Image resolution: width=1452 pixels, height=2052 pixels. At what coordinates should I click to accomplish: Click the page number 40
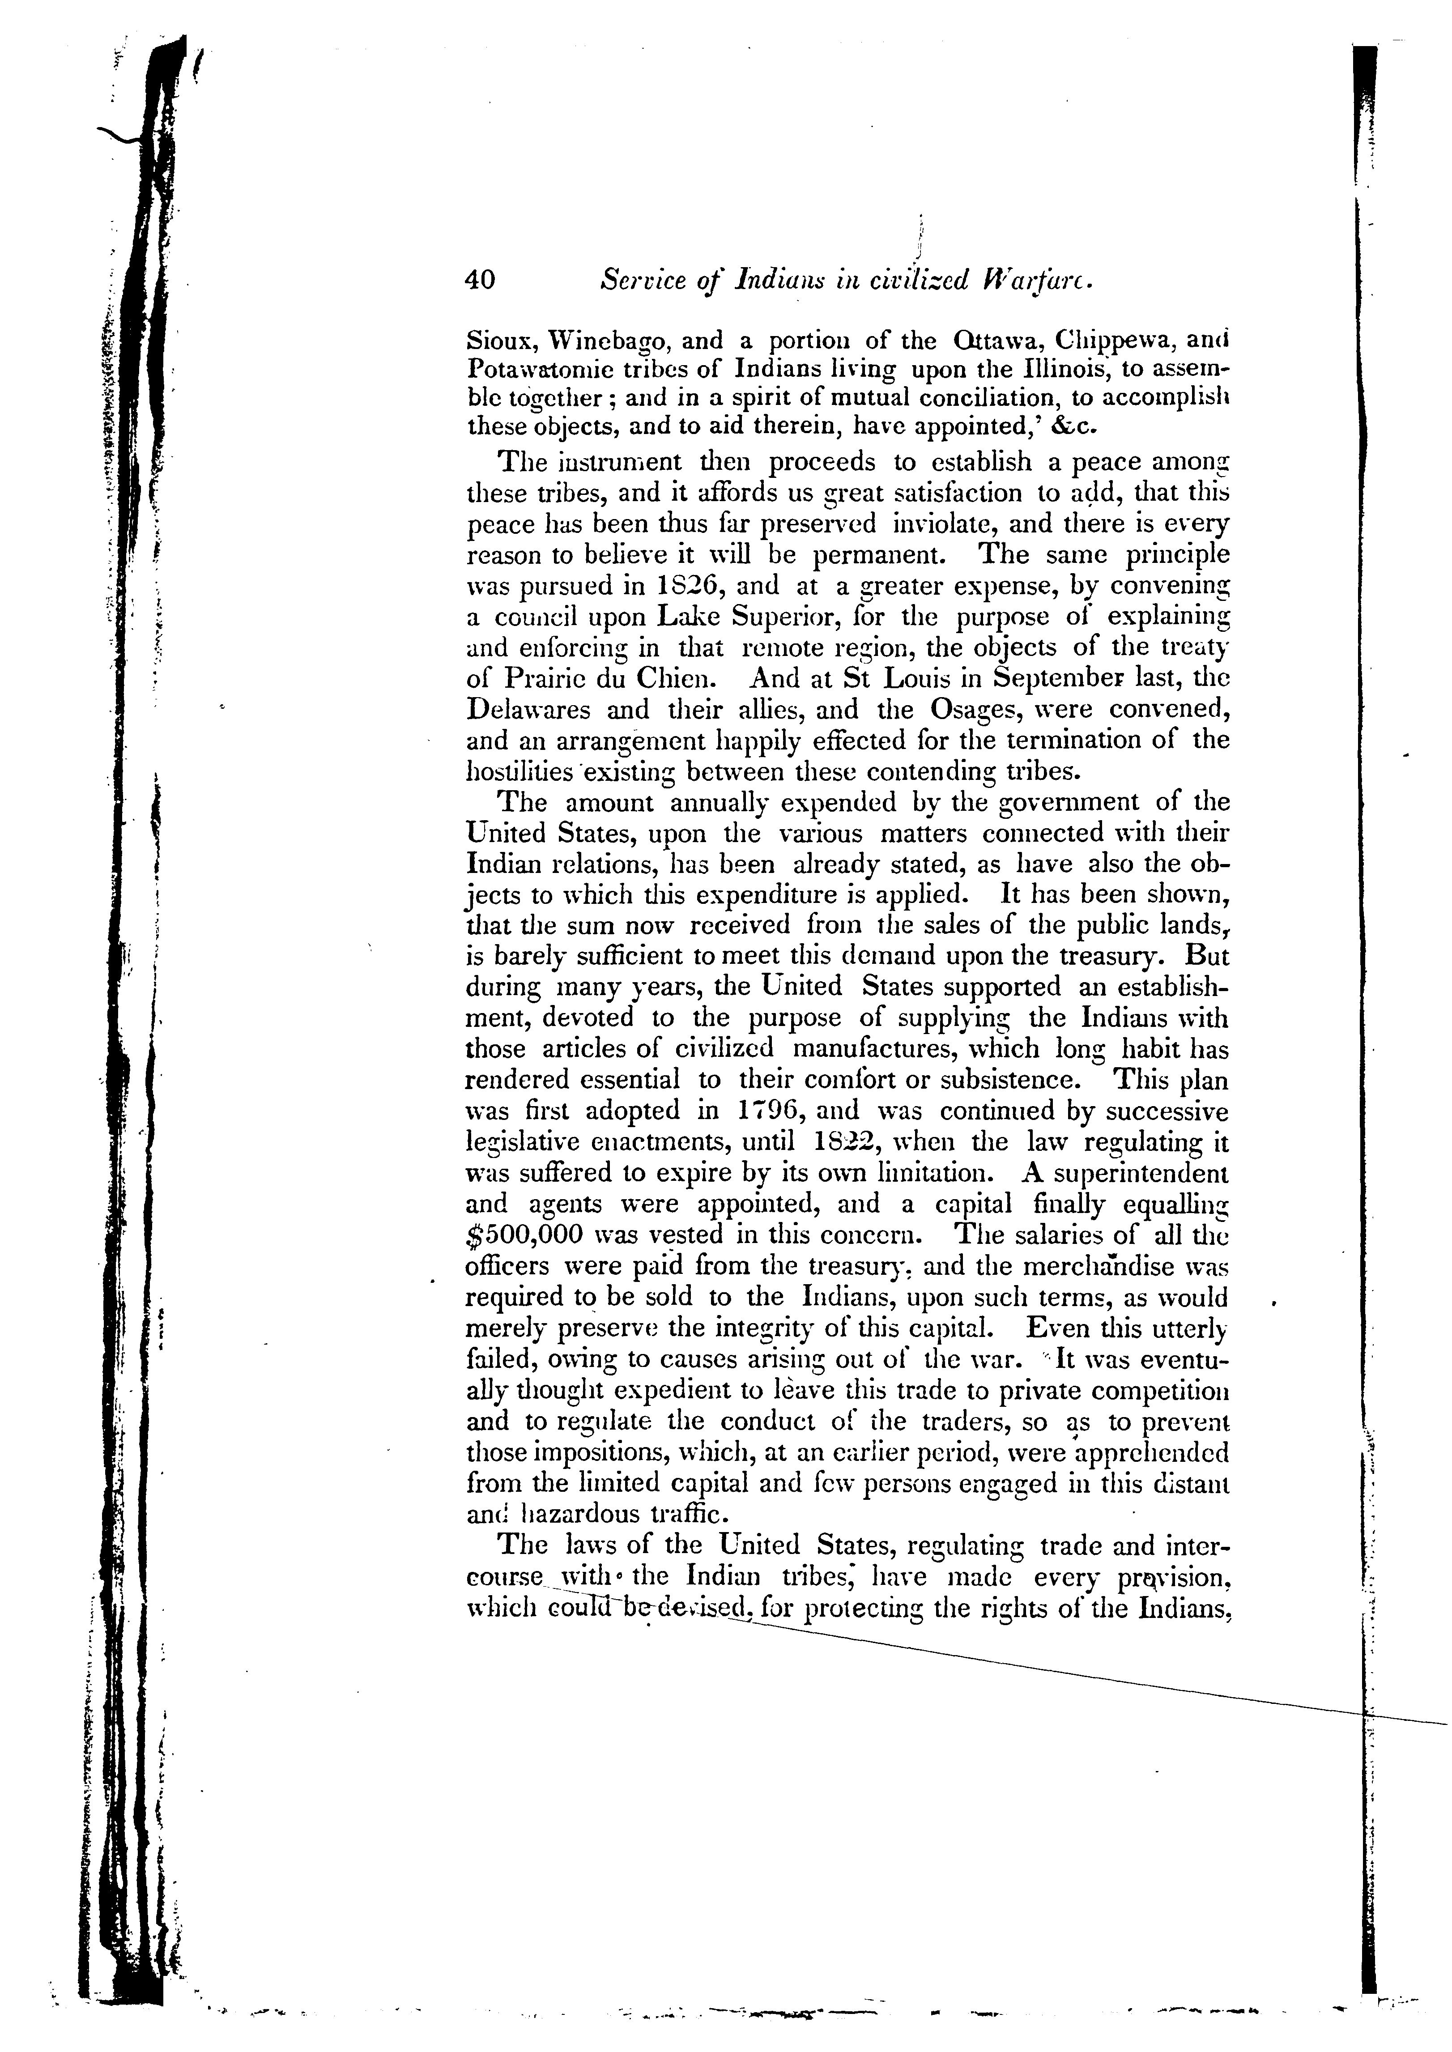[479, 280]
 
